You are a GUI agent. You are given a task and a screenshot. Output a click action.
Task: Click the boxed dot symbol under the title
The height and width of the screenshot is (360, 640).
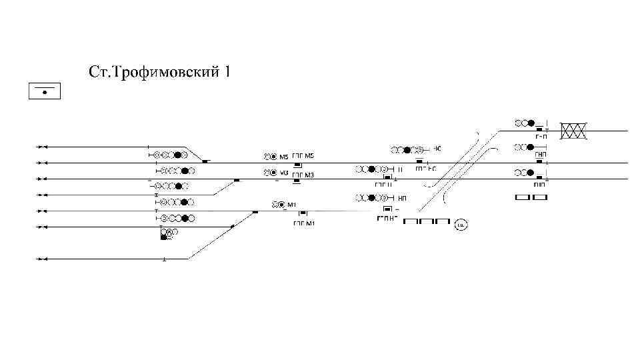click(45, 91)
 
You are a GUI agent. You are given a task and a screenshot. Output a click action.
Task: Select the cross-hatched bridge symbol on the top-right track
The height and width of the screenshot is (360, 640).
click(573, 131)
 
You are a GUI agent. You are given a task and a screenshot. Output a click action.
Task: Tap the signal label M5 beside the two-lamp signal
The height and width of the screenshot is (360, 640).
click(284, 157)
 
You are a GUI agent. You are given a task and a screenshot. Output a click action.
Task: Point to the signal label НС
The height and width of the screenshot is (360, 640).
click(439, 148)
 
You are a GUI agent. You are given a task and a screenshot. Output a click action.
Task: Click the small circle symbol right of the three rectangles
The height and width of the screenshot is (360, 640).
click(461, 225)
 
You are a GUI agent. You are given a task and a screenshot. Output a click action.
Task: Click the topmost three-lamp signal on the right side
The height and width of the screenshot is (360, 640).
click(525, 123)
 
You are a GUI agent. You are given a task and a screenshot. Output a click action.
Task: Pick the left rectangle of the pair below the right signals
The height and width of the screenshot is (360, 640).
click(523, 197)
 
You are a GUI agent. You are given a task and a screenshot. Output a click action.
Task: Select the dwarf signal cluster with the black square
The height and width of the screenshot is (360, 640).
click(169, 233)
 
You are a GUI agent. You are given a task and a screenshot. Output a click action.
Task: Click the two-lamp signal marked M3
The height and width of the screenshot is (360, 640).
click(269, 173)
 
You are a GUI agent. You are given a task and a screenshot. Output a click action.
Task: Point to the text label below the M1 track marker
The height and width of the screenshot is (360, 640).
click(303, 223)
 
